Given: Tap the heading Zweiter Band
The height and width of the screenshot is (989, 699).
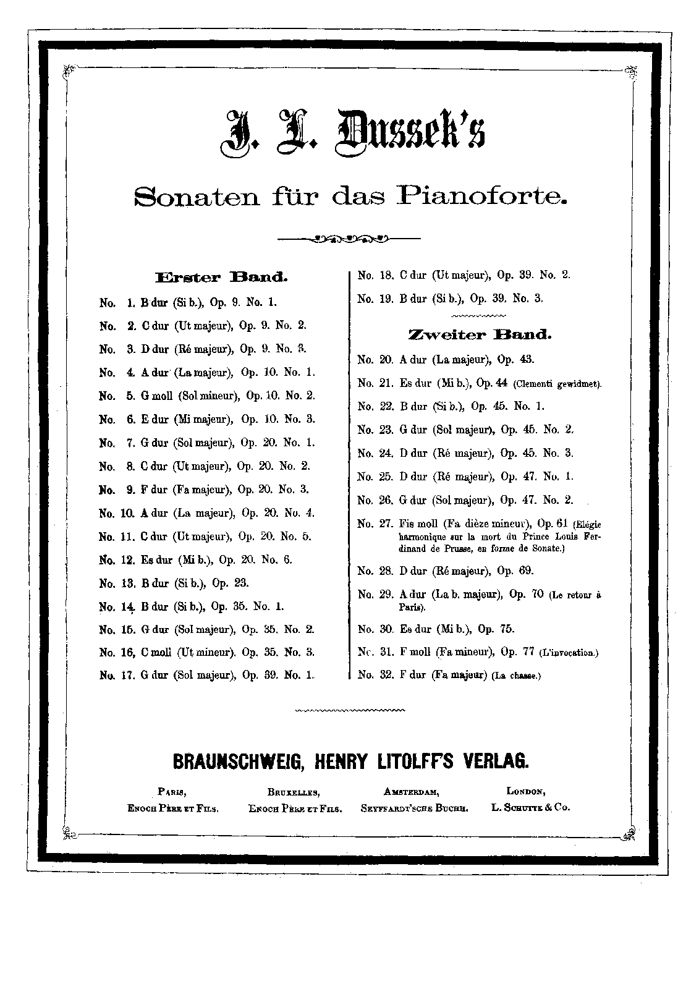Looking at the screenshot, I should [x=479, y=335].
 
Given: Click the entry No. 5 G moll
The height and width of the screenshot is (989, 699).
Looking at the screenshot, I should [x=207, y=396].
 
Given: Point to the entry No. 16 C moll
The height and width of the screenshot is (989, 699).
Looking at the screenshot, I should [x=207, y=652].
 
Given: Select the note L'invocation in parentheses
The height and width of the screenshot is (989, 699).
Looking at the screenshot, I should [x=569, y=653].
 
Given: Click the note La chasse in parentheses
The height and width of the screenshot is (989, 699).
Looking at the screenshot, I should [x=516, y=676].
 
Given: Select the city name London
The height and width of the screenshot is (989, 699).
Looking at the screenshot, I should [x=525, y=792].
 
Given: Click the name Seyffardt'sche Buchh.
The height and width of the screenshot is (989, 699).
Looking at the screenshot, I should [x=414, y=808].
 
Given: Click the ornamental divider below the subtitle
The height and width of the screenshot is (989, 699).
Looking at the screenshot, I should [x=350, y=237].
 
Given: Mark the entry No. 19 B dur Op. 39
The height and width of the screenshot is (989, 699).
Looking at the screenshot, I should [x=450, y=299].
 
